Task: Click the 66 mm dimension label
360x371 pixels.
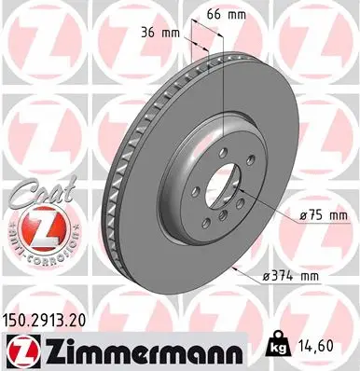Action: [x=213, y=16]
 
